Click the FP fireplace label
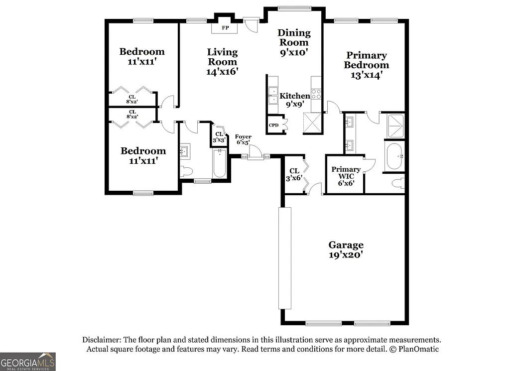225,28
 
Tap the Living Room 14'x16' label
222,61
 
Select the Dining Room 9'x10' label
294,42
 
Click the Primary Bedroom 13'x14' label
366,65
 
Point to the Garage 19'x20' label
346,249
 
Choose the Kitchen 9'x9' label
294,100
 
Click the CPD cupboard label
273,125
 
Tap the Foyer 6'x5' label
243,139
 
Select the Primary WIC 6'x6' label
346,176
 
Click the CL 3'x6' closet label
294,175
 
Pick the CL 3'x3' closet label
219,137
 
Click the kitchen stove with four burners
316,95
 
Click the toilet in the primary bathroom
398,184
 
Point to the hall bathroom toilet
186,172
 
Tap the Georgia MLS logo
28,362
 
